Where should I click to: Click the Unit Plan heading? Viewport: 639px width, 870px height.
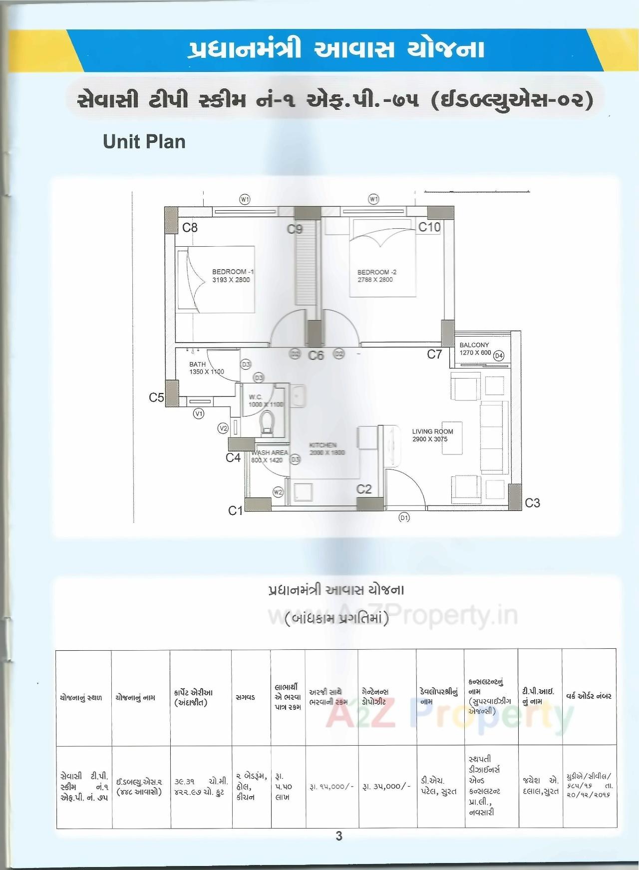click(144, 142)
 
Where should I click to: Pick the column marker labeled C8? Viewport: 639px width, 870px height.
click(190, 228)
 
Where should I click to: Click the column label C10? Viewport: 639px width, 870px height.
click(429, 227)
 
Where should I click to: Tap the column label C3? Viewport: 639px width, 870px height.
click(532, 503)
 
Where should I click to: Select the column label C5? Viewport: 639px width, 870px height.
click(156, 398)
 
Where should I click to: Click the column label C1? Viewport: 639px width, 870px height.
click(235, 510)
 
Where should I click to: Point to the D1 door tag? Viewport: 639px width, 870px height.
click(404, 517)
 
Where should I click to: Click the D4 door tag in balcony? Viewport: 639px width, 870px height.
click(498, 356)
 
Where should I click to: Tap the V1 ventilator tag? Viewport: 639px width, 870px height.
click(199, 414)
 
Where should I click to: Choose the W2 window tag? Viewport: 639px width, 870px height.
click(278, 492)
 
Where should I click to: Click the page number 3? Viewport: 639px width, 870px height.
click(339, 836)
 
